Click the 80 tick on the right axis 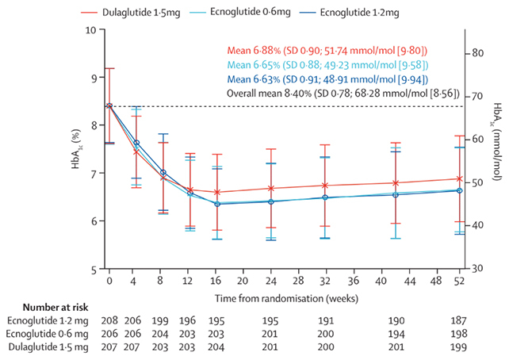477,53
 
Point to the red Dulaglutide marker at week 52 459,179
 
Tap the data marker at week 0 109,105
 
